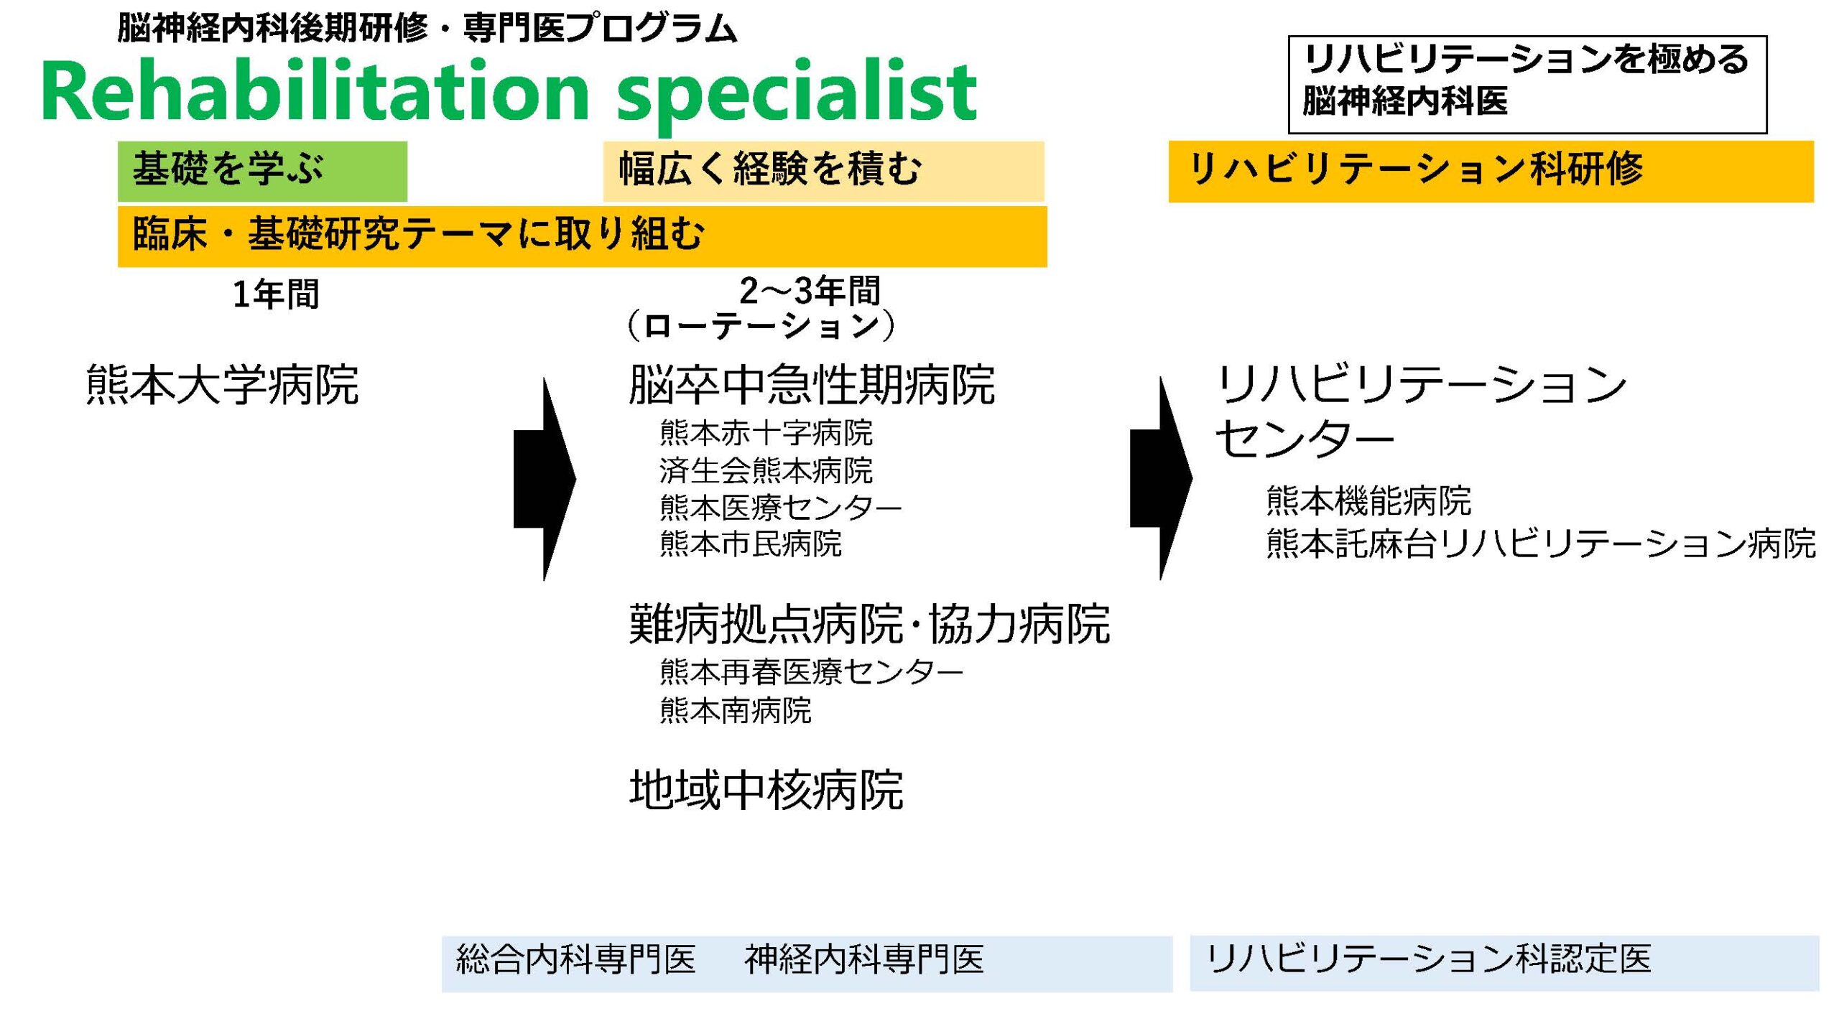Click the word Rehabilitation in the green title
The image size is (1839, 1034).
click(x=315, y=92)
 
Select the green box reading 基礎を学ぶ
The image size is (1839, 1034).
click(x=262, y=171)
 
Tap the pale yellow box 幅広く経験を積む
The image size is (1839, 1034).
click(x=823, y=171)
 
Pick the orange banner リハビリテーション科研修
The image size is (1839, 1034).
click(x=1491, y=171)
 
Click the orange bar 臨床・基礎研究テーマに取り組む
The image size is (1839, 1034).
click(x=582, y=236)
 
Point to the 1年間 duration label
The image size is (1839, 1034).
click(x=276, y=294)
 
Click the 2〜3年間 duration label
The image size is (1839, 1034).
click(x=810, y=291)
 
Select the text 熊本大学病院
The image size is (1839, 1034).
click(x=222, y=384)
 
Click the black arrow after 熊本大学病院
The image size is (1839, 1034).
click(x=545, y=479)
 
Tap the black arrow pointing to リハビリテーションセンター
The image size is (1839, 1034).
click(x=1161, y=479)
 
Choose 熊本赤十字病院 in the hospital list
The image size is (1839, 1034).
click(x=766, y=433)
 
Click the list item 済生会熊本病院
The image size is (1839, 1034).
click(x=766, y=471)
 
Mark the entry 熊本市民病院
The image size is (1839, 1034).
click(x=751, y=544)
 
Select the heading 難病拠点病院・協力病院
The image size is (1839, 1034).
click(x=869, y=623)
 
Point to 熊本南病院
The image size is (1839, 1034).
click(x=736, y=711)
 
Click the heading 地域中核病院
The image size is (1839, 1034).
click(x=766, y=790)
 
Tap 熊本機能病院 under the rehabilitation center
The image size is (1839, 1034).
click(x=1368, y=500)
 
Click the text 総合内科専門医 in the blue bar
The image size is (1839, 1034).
click(x=576, y=959)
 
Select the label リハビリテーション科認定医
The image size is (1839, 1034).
click(x=1428, y=959)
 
